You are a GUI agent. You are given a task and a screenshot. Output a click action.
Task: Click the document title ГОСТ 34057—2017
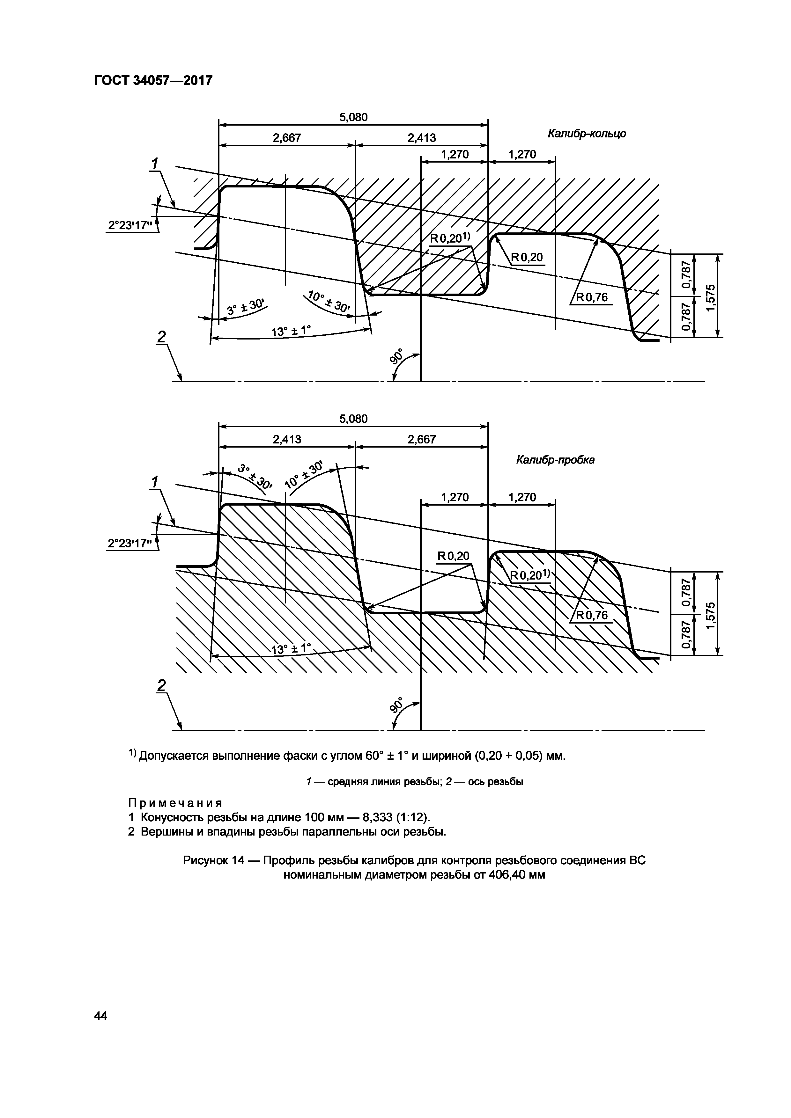tap(153, 80)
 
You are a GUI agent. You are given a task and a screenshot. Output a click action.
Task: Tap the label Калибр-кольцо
tap(587, 134)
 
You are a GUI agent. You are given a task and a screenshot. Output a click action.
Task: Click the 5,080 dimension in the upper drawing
tap(353, 117)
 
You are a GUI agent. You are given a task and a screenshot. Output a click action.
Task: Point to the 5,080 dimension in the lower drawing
tap(353, 419)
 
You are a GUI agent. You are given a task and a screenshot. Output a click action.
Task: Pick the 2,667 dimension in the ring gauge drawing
tap(286, 138)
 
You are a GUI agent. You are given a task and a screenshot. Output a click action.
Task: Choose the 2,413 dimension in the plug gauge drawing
tap(286, 440)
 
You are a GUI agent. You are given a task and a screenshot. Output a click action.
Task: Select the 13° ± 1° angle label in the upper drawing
tap(291, 331)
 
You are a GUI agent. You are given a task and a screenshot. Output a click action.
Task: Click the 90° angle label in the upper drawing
tap(397, 356)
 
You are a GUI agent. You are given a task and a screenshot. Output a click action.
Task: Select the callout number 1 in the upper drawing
tap(155, 164)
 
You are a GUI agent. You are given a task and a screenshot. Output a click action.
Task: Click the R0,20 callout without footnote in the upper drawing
tap(527, 258)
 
